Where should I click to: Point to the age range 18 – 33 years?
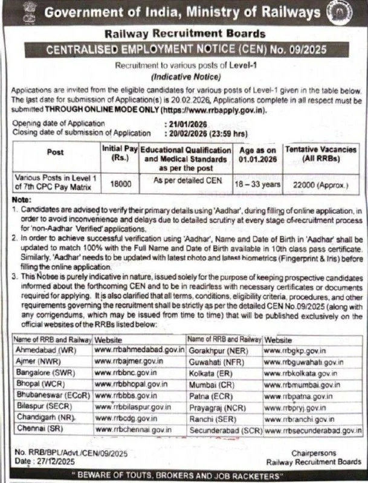[253, 181]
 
